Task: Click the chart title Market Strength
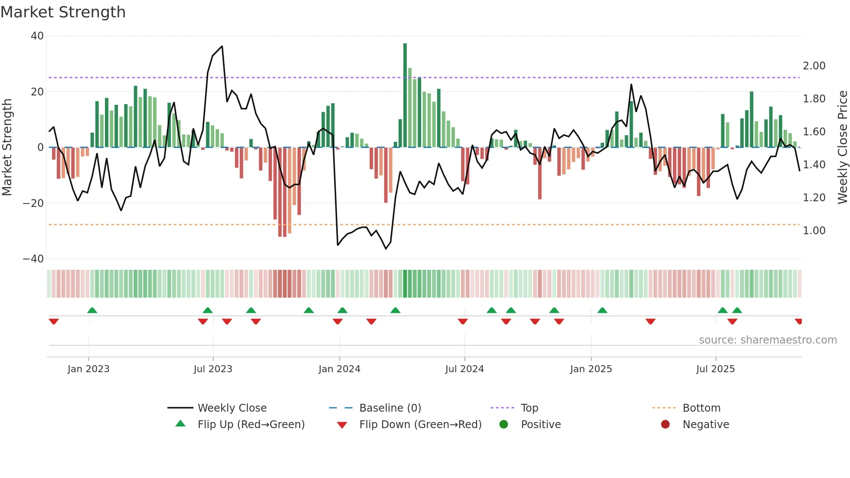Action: coord(63,12)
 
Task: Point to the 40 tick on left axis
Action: coord(37,36)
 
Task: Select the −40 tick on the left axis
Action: coord(33,259)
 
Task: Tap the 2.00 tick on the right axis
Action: coord(814,66)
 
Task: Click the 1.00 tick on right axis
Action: coord(814,231)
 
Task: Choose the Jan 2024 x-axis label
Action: coord(339,369)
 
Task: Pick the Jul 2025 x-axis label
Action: coord(715,369)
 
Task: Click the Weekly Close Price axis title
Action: coord(842,147)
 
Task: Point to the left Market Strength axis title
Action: coord(7,147)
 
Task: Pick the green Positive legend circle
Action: coord(503,425)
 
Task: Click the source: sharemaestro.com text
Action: coord(768,340)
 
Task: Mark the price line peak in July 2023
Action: coord(222,46)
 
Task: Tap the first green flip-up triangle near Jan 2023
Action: coord(92,310)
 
